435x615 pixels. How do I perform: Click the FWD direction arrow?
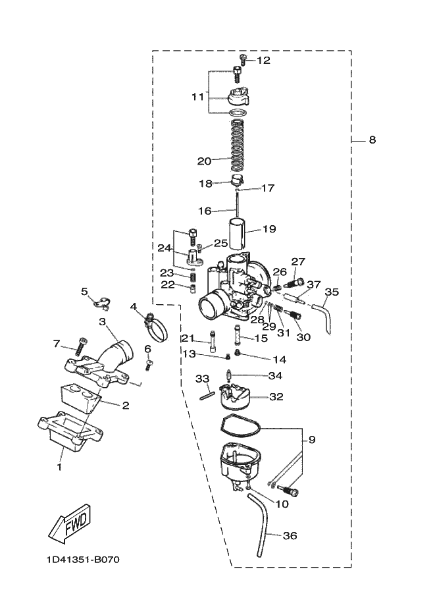click(70, 523)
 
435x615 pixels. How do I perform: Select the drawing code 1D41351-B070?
click(83, 559)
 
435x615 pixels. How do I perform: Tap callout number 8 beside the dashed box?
click(372, 140)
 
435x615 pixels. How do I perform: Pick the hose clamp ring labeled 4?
click(156, 329)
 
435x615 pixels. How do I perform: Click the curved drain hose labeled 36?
click(261, 525)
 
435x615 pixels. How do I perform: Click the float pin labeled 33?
click(207, 395)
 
